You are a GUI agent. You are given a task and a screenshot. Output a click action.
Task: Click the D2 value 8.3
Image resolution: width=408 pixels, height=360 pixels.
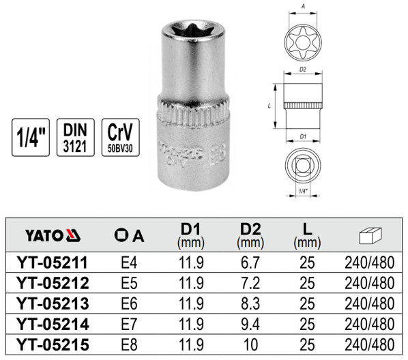point(251,303)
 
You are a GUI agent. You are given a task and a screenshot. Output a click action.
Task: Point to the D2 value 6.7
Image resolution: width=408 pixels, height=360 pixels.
point(251,262)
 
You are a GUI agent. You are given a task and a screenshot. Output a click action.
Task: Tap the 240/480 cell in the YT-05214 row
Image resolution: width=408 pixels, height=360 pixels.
point(369,324)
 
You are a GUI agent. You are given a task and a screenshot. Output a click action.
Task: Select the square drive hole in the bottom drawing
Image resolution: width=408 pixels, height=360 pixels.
point(303,164)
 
